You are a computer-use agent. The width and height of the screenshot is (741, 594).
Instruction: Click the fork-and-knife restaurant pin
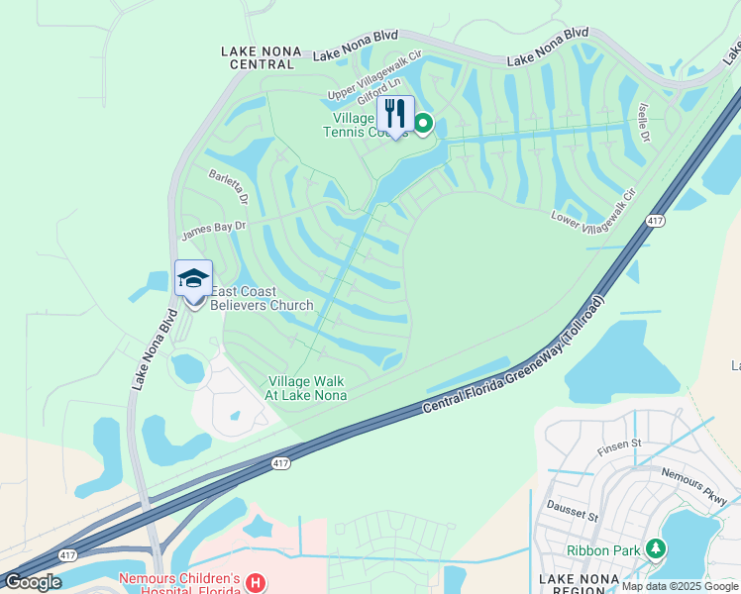pyautogui.click(x=395, y=115)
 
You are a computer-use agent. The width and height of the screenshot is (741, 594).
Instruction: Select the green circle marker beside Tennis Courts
pyautogui.click(x=423, y=124)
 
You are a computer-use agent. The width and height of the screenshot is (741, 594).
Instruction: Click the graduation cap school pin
pyautogui.click(x=193, y=280)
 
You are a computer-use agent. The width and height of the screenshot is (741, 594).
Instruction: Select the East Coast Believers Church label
pyautogui.click(x=262, y=298)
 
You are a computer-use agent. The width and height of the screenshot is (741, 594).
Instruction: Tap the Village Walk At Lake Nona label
pyautogui.click(x=307, y=388)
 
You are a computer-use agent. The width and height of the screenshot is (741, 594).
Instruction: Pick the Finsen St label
pyautogui.click(x=621, y=450)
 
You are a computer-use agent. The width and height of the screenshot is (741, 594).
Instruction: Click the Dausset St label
pyautogui.click(x=575, y=516)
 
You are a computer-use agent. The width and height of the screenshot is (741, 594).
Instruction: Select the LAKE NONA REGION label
pyautogui.click(x=580, y=583)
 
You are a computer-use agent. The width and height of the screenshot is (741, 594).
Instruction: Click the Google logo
pyautogui.click(x=34, y=582)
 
